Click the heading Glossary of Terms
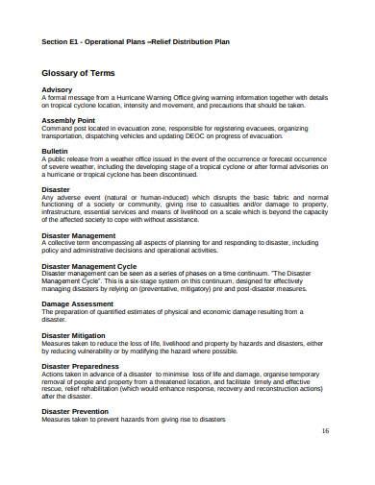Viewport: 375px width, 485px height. coord(80,72)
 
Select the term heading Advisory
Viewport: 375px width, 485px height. coord(58,89)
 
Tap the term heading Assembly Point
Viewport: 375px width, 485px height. coord(68,120)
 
